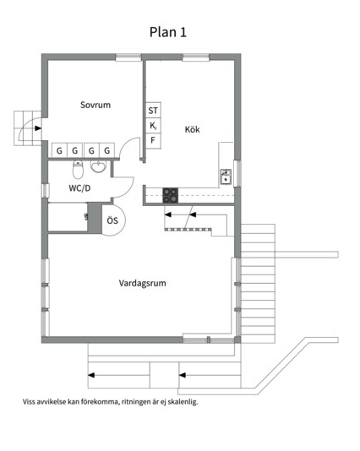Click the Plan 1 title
pyautogui.click(x=168, y=32)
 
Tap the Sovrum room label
pyautogui.click(x=95, y=105)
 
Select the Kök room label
pyautogui.click(x=192, y=129)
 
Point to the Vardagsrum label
pyautogui.click(x=143, y=283)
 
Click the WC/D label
pyautogui.click(x=79, y=188)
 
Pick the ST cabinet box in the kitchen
pyautogui.click(x=153, y=110)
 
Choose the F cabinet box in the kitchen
pyautogui.click(x=153, y=141)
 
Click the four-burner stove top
pyautogui.click(x=171, y=196)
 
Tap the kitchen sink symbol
pyautogui.click(x=226, y=177)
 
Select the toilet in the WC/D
pyautogui.click(x=78, y=170)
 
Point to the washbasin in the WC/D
pyautogui.click(x=98, y=166)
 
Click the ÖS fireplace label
pyautogui.click(x=112, y=220)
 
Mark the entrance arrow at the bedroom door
pyautogui.click(x=38, y=128)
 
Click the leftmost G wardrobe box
pyautogui.click(x=59, y=149)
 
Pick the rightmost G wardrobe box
pyautogui.click(x=107, y=149)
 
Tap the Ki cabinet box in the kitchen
pyautogui.click(x=153, y=125)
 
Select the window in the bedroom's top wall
pyautogui.click(x=128, y=57)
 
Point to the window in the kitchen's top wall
pyautogui.click(x=196, y=57)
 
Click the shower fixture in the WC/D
pyautogui.click(x=85, y=216)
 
